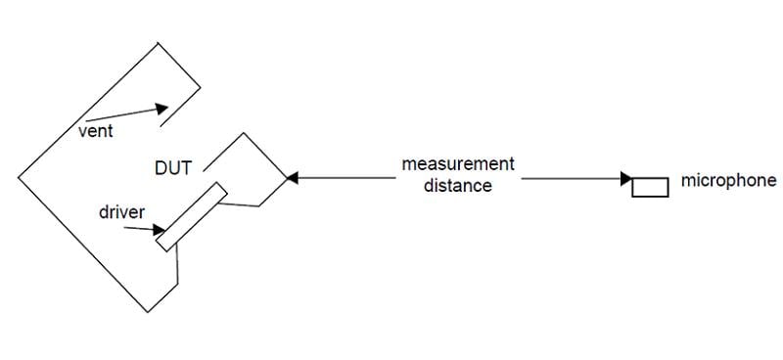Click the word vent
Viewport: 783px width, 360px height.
click(96, 132)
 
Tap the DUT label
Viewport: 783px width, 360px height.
click(173, 168)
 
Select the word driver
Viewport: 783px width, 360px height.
click(121, 212)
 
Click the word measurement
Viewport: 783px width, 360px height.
click(458, 163)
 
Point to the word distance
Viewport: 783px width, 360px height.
click(458, 185)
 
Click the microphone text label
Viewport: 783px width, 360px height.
click(728, 181)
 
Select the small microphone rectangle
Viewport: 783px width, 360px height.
click(650, 187)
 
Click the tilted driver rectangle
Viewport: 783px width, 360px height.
click(192, 217)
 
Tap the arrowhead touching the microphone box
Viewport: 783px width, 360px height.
click(626, 179)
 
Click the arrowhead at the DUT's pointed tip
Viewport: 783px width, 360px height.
click(293, 178)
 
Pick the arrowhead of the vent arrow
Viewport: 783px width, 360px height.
click(161, 109)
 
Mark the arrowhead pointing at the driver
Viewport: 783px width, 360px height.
click(159, 230)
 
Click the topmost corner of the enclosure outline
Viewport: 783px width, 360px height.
click(159, 43)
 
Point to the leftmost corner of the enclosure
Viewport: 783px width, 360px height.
click(19, 177)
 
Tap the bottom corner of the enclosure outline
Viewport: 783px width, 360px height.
click(148, 312)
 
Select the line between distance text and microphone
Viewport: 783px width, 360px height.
click(572, 178)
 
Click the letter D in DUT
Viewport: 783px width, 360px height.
click(161, 168)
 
